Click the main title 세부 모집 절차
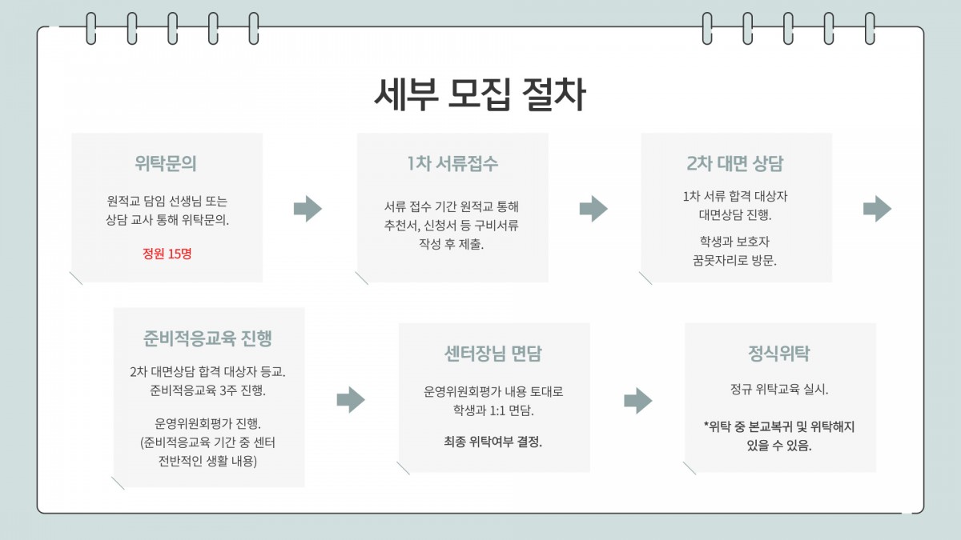[x=480, y=94]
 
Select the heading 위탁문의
[x=166, y=163]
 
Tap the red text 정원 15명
[x=167, y=254]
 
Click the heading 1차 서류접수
[x=452, y=163]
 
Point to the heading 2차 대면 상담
[x=735, y=163]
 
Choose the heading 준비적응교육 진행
[x=208, y=338]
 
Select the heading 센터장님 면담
[x=493, y=354]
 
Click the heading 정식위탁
[x=779, y=354]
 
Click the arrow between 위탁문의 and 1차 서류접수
[x=308, y=209]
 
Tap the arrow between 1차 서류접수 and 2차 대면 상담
[x=593, y=209]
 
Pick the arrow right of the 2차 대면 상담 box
[x=877, y=209]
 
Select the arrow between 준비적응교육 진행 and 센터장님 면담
[x=351, y=400]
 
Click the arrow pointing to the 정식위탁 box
[x=637, y=400]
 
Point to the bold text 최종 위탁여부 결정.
[x=493, y=441]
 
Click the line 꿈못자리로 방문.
[x=735, y=260]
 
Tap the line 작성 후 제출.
[x=452, y=243]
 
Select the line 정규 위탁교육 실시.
[x=779, y=391]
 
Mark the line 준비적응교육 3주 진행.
[x=207, y=391]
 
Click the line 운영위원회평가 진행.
[x=207, y=423]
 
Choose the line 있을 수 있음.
[x=779, y=446]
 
